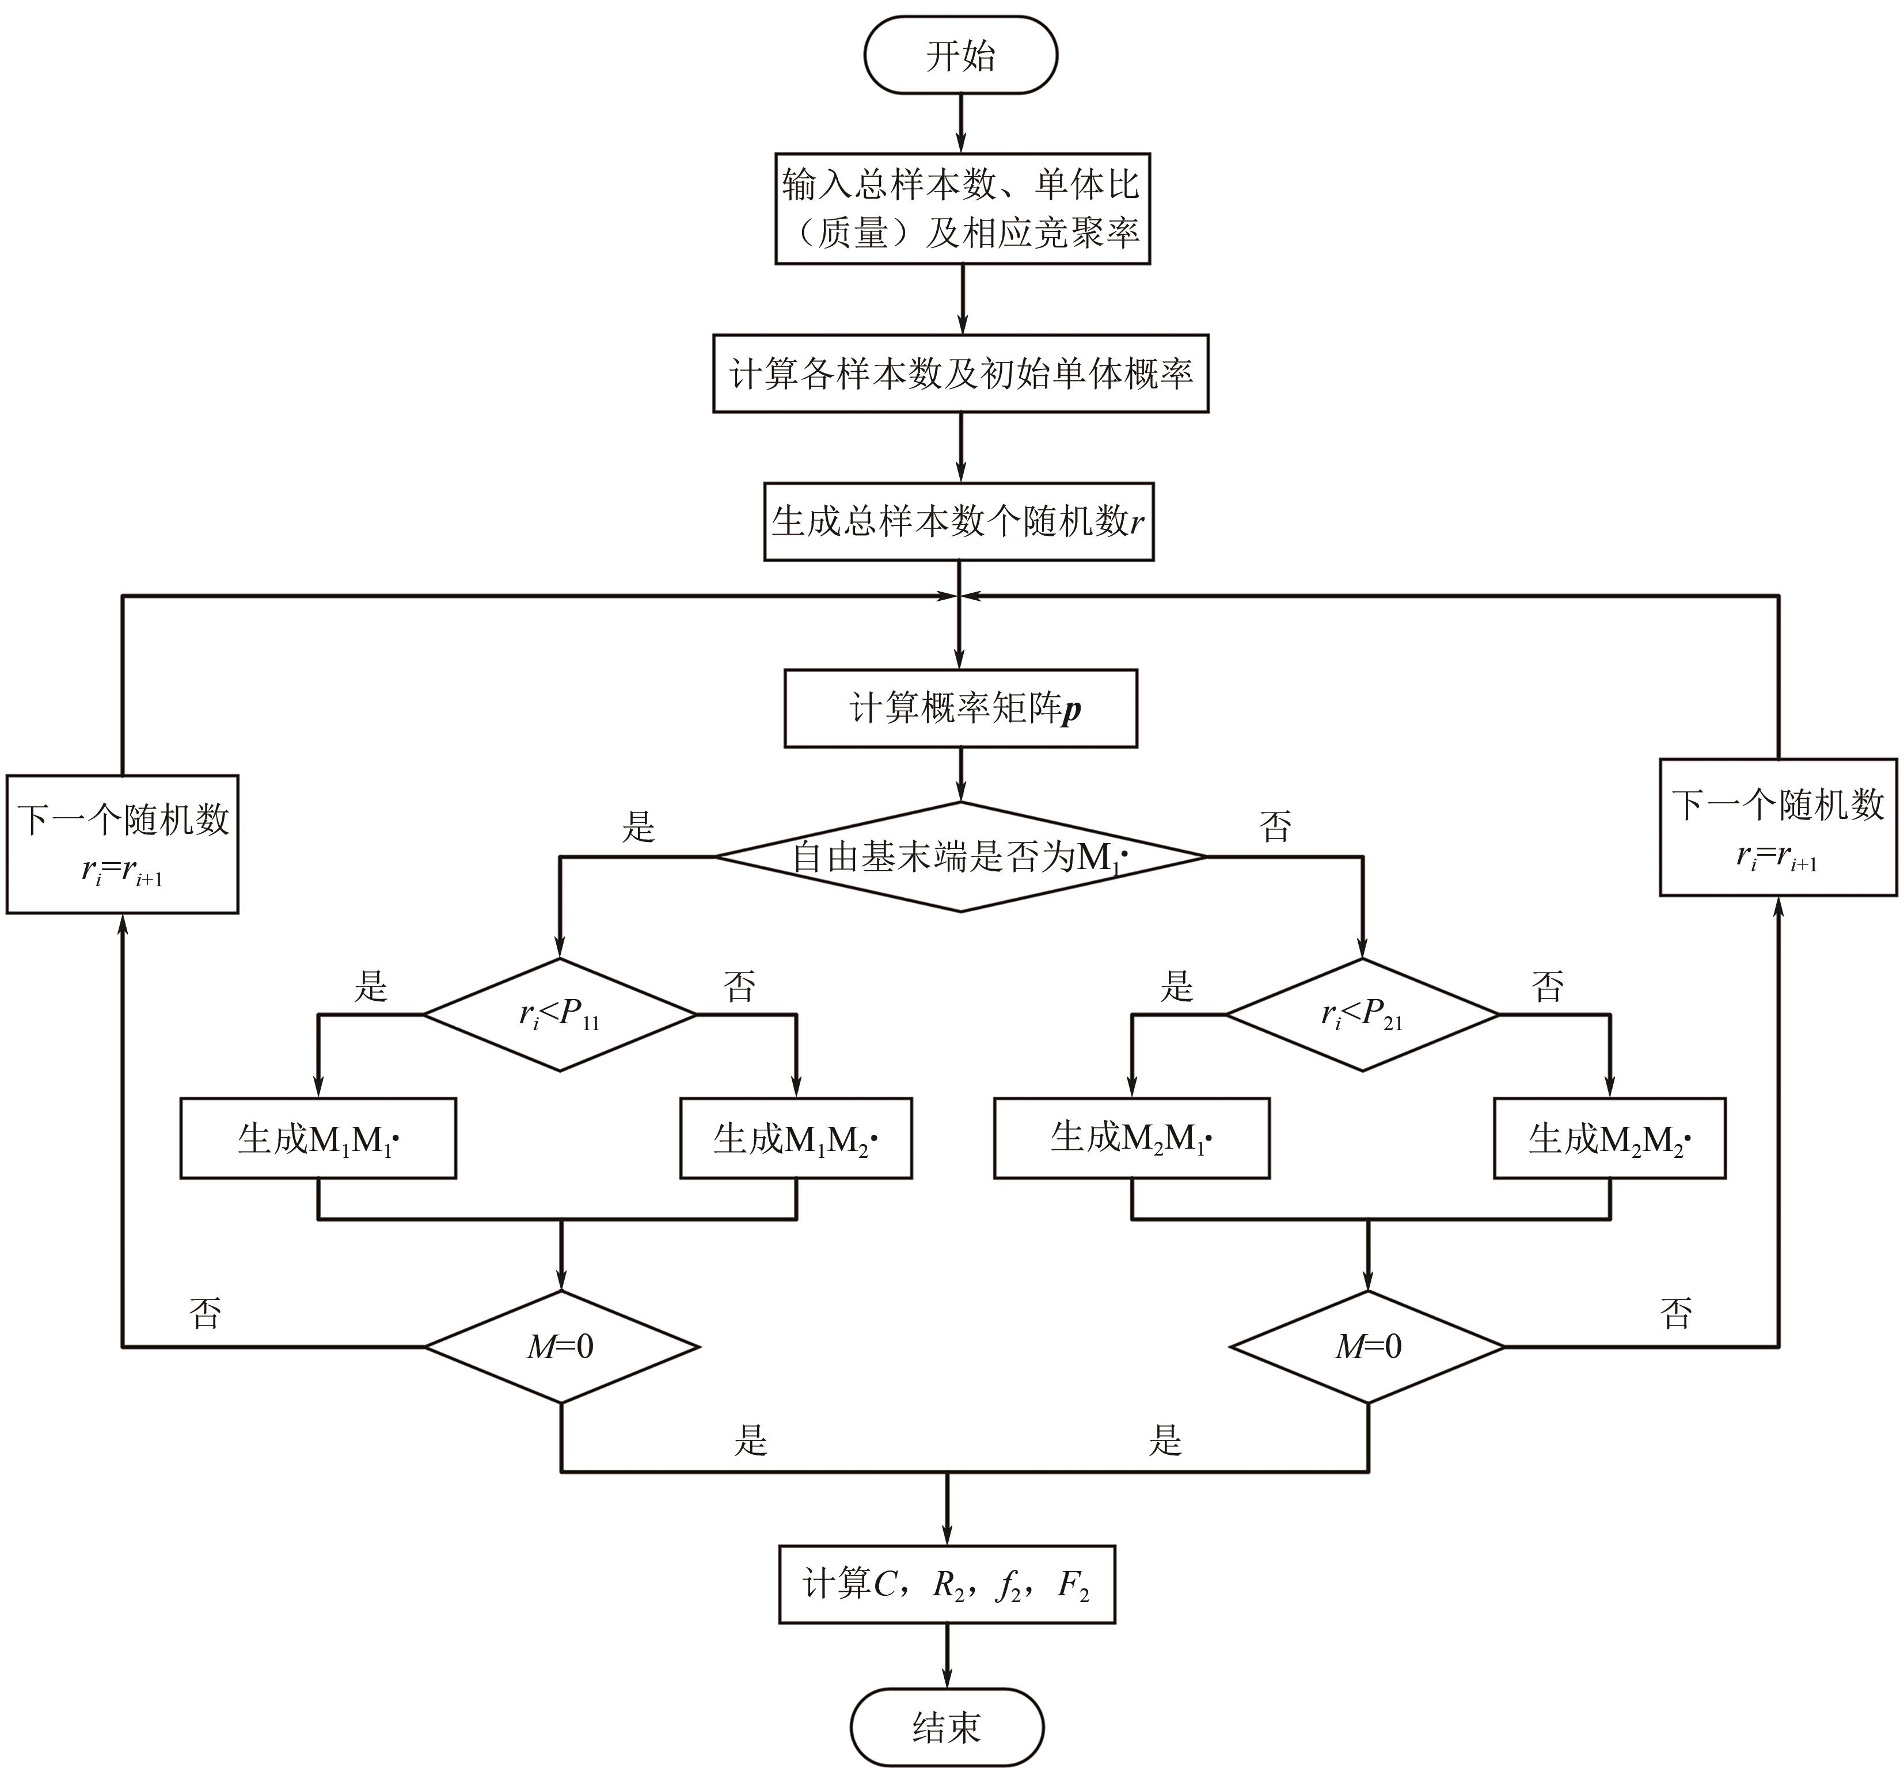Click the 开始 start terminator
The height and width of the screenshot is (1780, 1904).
pyautogui.click(x=960, y=56)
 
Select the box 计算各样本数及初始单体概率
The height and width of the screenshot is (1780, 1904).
pyautogui.click(x=960, y=373)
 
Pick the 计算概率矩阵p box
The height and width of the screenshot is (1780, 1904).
pyautogui.click(x=960, y=708)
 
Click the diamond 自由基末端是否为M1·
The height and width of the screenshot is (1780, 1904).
pyautogui.click(x=960, y=857)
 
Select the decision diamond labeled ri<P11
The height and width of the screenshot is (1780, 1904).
pyautogui.click(x=560, y=1015)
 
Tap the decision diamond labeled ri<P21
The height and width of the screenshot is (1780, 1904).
pyautogui.click(x=1362, y=1015)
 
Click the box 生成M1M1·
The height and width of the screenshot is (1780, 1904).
pyautogui.click(x=318, y=1138)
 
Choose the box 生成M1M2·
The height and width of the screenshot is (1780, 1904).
pyautogui.click(x=796, y=1138)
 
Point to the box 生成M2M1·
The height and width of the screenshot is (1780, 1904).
pyautogui.click(x=1131, y=1138)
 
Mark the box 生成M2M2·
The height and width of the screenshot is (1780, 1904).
pyautogui.click(x=1609, y=1138)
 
